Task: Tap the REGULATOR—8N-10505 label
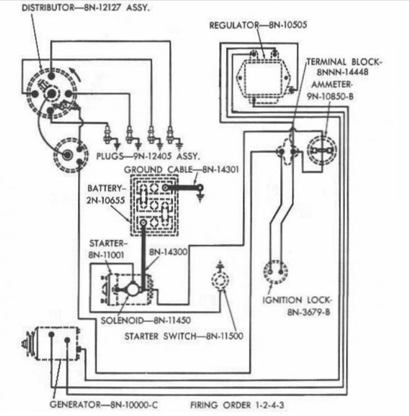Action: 258,24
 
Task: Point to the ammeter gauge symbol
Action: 322,150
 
